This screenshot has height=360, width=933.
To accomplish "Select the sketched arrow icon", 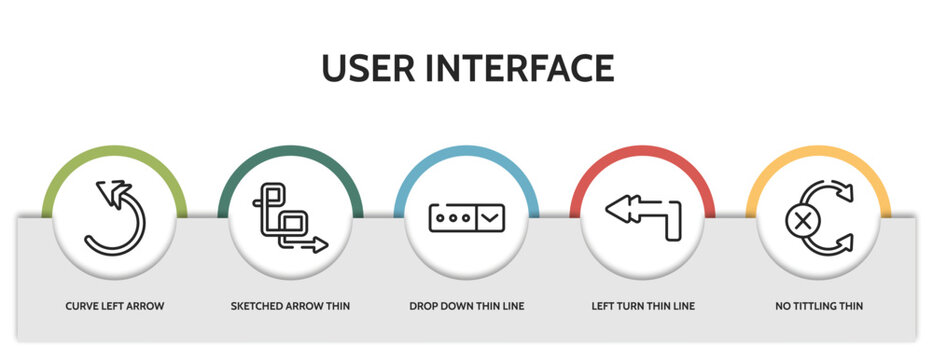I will pyautogui.click(x=291, y=217).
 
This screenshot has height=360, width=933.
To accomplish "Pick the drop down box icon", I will pyautogui.click(x=467, y=217).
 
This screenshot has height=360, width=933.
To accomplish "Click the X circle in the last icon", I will pyautogui.click(x=801, y=218).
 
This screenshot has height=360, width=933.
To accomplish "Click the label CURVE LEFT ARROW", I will pyautogui.click(x=115, y=305).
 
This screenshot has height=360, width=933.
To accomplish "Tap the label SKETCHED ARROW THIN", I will pyautogui.click(x=291, y=305).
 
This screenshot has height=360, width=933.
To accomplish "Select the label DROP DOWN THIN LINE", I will pyautogui.click(x=467, y=305).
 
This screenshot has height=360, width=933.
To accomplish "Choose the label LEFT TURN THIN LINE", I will pyautogui.click(x=643, y=305).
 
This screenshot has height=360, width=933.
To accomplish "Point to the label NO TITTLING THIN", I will pyautogui.click(x=819, y=305).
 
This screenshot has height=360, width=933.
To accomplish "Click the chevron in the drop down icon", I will pyautogui.click(x=490, y=216).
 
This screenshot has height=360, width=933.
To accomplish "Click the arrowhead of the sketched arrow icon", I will pyautogui.click(x=320, y=245).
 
